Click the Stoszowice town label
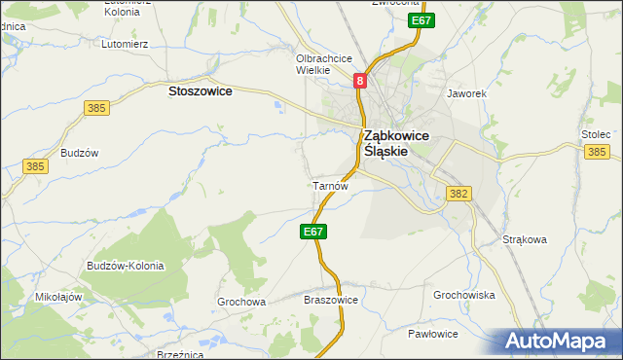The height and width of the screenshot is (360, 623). (x=200, y=90)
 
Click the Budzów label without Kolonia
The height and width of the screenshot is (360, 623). (x=80, y=153)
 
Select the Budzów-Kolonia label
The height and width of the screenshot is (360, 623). (x=125, y=266)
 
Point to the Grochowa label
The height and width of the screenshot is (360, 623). (x=241, y=302)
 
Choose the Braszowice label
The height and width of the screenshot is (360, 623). (x=332, y=301)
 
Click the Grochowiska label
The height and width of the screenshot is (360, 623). (x=464, y=294)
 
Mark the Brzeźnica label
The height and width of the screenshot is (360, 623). (x=178, y=355)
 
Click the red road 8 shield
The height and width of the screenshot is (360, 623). (x=360, y=82)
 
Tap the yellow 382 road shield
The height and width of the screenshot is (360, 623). (x=459, y=195)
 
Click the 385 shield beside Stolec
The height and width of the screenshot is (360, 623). (x=597, y=152)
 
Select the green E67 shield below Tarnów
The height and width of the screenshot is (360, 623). (x=312, y=232)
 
